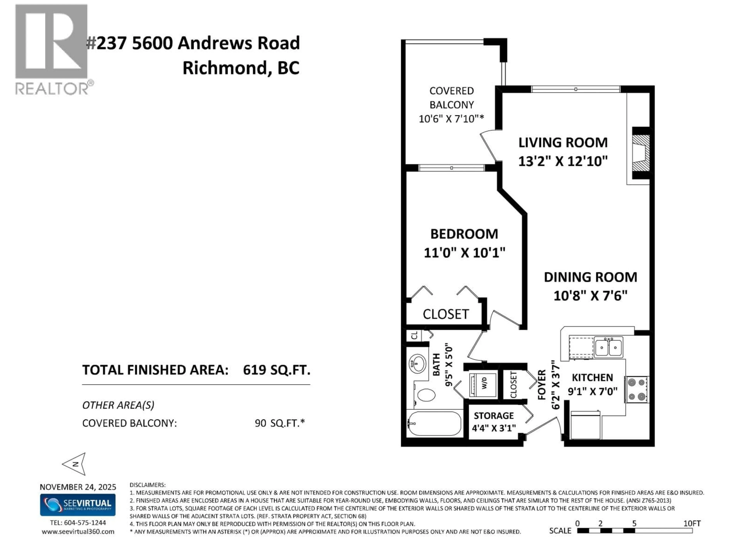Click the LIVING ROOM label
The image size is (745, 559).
pyautogui.click(x=563, y=142)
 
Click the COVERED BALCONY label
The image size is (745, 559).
pyautogui.click(x=451, y=98)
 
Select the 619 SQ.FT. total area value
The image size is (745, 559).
pyautogui.click(x=276, y=370)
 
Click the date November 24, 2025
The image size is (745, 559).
pyautogui.click(x=78, y=487)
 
